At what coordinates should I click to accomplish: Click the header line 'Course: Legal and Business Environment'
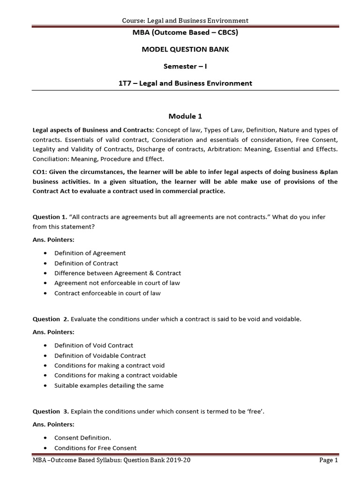coord(185,20)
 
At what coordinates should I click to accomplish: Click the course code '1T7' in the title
coord(126,83)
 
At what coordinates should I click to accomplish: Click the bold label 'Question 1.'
coord(50,217)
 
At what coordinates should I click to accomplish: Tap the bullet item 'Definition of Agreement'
coord(90,253)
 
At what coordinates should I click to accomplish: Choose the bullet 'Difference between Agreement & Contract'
coord(118,273)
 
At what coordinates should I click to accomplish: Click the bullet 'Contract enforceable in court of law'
coord(107,293)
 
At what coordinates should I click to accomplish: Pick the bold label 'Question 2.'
coord(51,319)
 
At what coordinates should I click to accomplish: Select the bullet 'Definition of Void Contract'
coord(94,345)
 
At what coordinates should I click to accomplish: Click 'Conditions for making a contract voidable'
coord(116,375)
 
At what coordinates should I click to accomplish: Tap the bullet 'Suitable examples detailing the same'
coord(109,386)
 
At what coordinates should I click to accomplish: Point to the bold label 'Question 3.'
coord(51,412)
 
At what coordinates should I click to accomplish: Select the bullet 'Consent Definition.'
coord(82,438)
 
